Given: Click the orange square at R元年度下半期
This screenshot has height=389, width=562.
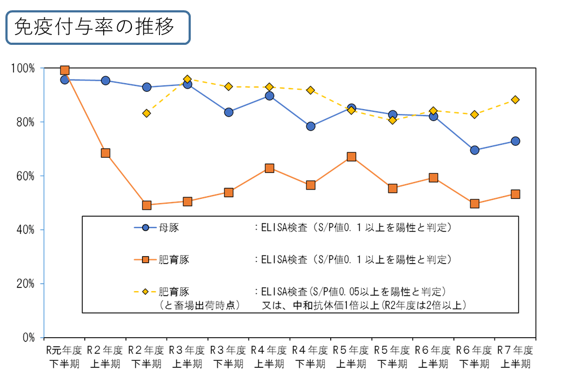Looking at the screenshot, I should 65,70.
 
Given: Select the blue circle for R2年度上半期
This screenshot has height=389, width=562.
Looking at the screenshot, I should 105,81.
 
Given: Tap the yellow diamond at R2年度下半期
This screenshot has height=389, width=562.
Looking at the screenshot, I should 146,113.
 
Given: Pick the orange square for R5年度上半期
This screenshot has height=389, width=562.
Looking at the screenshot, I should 351,157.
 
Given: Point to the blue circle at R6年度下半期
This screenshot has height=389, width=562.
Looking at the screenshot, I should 474,150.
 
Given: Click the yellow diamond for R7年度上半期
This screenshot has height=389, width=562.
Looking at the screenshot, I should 515,99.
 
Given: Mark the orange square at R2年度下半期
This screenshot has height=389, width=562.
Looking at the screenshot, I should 146,205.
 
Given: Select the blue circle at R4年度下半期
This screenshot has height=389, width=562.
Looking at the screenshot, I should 311,126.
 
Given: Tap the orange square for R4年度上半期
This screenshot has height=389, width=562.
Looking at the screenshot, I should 270,168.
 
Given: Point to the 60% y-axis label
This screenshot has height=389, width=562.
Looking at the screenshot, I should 26,176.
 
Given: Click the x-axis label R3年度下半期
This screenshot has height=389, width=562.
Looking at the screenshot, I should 229,357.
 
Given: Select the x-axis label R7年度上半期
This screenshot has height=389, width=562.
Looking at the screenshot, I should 515,357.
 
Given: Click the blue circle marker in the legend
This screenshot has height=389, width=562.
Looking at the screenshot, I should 145,227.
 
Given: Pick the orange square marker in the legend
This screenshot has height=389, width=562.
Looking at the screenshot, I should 145,260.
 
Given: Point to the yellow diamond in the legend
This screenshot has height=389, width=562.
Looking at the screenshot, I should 145,292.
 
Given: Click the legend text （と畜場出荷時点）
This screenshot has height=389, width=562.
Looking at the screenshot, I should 199,305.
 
